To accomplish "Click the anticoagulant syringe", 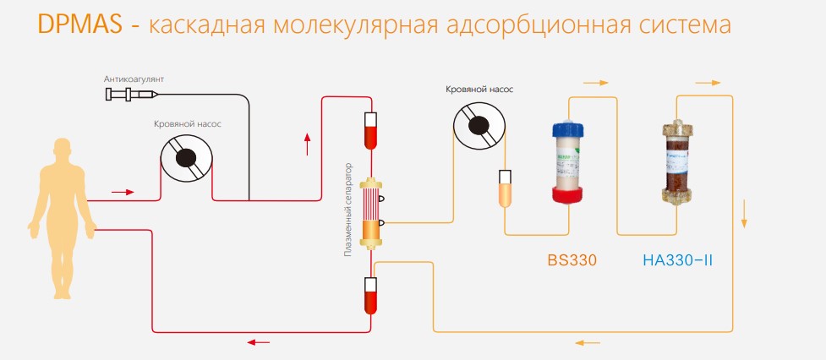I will coord(123,95).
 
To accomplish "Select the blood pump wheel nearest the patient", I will coord(187,157).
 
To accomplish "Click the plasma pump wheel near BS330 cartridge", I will coord(479,125).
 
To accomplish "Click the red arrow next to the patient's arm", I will coord(123,192).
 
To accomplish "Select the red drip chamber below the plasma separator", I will coord(369,292).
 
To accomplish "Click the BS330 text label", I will coord(572,260).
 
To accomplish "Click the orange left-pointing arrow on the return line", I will coord(588,342).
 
